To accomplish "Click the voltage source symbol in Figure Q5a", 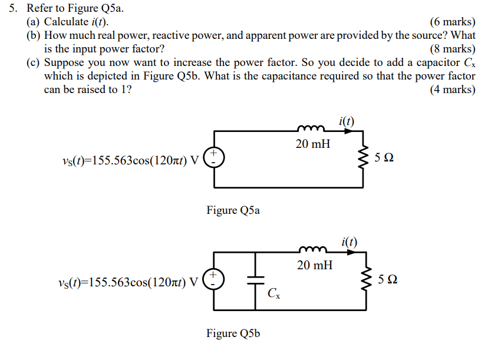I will pos(213,157).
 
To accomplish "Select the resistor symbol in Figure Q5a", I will pos(364,158).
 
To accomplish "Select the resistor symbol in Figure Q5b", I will pos(364,280).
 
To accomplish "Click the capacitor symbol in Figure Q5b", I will pos(256,280).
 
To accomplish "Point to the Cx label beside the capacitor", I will pos(273,293).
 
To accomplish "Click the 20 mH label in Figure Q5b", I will pos(314,266).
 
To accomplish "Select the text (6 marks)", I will pos(452,22).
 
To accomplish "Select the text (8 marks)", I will pos(452,49).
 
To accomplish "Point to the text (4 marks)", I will pos(452,90).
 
